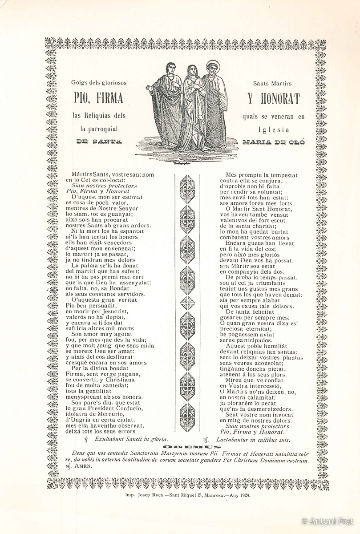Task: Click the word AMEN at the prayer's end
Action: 83,467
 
